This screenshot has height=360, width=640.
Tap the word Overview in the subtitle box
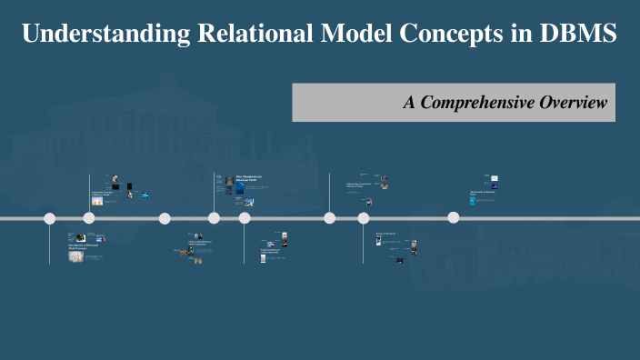(x=573, y=103)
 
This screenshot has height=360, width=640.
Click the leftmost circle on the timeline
(x=50, y=218)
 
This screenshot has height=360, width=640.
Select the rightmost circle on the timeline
(x=453, y=218)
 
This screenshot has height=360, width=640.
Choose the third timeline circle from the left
(x=165, y=218)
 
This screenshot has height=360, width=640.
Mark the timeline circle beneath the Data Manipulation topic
(x=215, y=218)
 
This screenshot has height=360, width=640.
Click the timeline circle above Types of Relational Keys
(x=364, y=218)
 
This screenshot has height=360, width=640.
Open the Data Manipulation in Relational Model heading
(x=248, y=179)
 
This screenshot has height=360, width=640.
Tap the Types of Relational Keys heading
(x=386, y=235)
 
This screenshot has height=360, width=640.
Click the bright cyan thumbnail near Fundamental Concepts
(x=144, y=194)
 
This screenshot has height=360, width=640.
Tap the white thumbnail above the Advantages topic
(x=495, y=179)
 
